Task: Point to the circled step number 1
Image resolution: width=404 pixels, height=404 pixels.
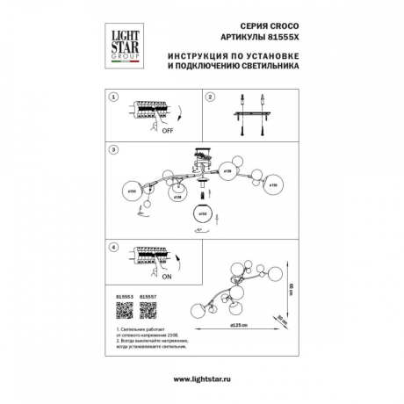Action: click(112, 97)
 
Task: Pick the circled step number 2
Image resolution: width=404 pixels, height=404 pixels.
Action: click(212, 97)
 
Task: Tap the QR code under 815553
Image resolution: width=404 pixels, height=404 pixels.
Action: click(123, 313)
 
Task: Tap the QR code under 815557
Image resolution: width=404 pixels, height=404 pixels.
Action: click(148, 313)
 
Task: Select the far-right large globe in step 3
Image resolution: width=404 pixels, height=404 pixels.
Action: click(273, 185)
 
